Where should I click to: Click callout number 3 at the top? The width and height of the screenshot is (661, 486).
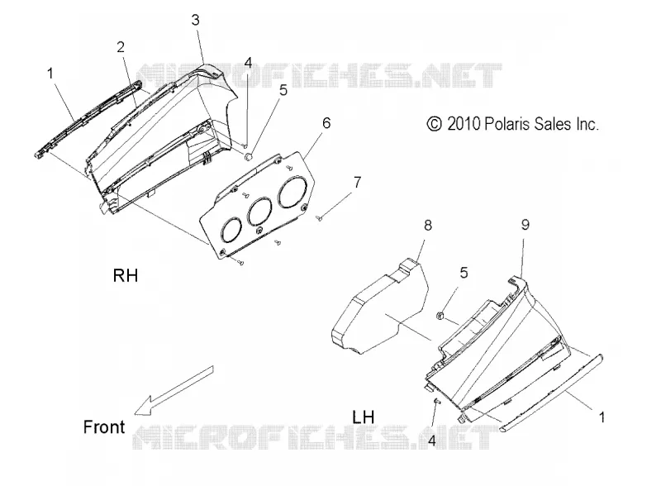(x=195, y=20)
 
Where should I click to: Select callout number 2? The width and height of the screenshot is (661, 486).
(x=121, y=47)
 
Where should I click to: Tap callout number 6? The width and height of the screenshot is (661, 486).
(x=326, y=123)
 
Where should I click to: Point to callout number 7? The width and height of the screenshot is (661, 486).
(x=358, y=182)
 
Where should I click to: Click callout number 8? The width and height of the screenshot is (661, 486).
(x=428, y=226)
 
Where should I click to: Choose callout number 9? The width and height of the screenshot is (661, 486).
(x=525, y=225)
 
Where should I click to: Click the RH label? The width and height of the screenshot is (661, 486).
(x=126, y=275)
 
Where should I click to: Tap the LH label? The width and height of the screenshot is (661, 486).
(x=364, y=417)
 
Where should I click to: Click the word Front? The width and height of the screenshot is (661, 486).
(x=104, y=427)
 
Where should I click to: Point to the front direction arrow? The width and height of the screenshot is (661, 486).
(x=174, y=390)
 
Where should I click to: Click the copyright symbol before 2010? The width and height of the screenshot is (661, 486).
(x=435, y=124)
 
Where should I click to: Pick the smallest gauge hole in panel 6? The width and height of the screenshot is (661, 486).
(x=231, y=230)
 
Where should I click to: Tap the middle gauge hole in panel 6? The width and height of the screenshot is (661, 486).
(x=261, y=212)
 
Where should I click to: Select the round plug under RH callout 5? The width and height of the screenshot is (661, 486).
(x=249, y=157)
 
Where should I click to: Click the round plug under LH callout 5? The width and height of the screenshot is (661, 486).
(x=440, y=315)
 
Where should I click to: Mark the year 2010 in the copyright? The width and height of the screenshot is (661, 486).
(x=464, y=124)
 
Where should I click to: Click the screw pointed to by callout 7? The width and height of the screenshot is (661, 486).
(x=319, y=218)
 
